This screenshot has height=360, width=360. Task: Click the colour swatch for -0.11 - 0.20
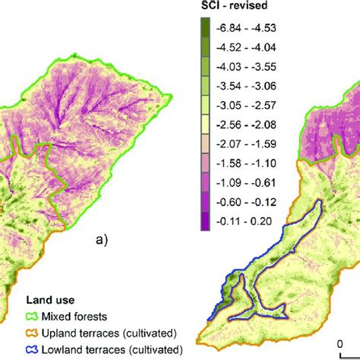(x=204, y=221)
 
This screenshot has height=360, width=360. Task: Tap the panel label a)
(x=100, y=240)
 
